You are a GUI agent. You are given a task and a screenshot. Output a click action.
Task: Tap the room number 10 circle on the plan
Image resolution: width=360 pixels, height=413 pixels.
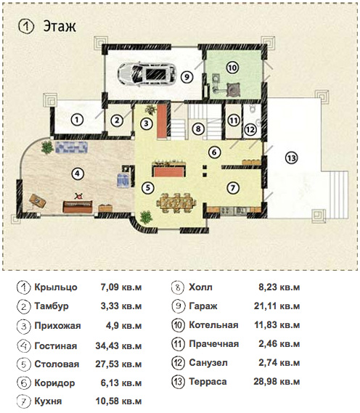click(232, 68)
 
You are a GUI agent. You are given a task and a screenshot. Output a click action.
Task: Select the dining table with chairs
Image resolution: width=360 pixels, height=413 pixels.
click(176, 203)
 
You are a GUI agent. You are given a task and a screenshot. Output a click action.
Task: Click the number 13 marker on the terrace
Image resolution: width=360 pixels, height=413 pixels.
click(291, 158)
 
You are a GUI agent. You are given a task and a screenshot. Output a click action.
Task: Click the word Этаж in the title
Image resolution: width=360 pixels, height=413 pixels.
click(60, 26)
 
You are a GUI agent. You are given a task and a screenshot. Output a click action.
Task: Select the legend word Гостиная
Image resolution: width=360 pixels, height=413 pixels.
click(56, 345)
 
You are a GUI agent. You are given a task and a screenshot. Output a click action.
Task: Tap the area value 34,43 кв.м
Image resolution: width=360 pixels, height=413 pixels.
click(118, 345)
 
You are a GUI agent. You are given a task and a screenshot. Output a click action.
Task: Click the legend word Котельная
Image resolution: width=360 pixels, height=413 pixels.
click(213, 324)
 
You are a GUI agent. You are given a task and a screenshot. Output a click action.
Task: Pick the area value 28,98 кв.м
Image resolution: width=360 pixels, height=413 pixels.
click(277, 381)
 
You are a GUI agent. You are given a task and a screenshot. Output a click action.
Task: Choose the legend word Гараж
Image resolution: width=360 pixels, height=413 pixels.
click(203, 306)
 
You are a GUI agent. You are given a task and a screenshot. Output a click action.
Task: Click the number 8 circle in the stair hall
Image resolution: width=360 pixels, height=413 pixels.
click(198, 128)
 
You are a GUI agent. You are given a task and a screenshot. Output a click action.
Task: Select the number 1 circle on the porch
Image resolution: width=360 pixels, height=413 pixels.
click(77, 120)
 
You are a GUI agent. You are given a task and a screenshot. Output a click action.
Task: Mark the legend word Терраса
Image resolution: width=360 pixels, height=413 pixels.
click(208, 381)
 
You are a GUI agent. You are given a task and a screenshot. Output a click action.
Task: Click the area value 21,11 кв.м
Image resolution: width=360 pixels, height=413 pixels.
click(277, 306)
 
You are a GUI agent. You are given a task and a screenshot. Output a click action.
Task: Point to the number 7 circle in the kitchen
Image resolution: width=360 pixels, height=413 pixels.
click(233, 188)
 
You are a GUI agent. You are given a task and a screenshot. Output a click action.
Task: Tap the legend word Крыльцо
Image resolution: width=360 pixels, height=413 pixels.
click(56, 287)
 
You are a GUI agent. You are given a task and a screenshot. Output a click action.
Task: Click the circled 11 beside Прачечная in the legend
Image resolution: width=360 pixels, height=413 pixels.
click(178, 344)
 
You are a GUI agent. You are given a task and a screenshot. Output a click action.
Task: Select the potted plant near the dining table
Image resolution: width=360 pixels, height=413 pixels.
click(146, 217)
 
